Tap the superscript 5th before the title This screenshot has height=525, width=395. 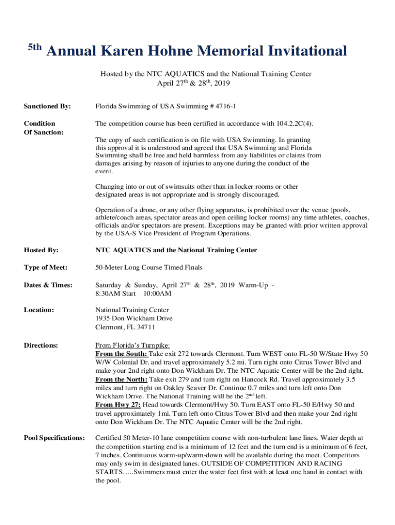click(x=34, y=48)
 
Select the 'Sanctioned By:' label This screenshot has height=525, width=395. click(x=47, y=107)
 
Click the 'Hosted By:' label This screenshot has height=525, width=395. click(x=41, y=250)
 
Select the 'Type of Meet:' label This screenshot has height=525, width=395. click(x=46, y=268)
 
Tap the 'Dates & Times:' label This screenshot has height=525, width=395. click(x=48, y=285)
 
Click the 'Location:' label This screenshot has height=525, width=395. click(x=39, y=310)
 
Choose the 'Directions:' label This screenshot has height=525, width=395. click(x=41, y=346)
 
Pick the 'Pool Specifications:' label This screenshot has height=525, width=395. click(x=55, y=438)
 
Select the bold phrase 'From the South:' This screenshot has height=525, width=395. click(x=122, y=354)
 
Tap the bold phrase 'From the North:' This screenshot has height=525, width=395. click(x=122, y=379)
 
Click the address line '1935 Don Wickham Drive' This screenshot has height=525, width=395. click(x=134, y=318)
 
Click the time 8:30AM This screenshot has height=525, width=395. click(x=108, y=294)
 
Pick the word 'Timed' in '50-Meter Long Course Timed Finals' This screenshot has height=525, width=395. click(x=176, y=268)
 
